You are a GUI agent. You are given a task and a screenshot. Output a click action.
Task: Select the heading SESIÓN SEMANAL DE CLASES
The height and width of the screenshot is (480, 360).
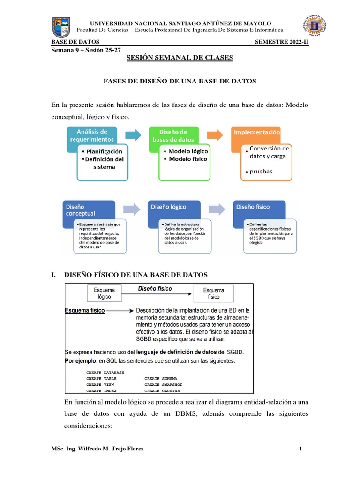180,58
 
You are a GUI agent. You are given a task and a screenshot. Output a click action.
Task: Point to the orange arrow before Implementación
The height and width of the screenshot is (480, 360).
215,135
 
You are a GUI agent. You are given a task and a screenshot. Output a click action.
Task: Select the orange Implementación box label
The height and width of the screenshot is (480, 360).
257,133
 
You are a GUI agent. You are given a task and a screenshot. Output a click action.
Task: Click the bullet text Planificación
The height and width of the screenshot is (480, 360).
105,151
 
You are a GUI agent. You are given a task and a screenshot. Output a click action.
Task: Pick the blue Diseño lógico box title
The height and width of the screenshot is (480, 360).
168,207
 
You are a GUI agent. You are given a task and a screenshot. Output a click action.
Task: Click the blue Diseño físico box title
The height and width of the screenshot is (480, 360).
253,207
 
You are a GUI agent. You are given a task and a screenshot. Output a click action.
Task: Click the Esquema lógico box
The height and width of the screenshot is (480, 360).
104,293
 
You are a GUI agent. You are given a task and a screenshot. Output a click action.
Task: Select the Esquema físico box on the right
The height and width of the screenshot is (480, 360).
214,293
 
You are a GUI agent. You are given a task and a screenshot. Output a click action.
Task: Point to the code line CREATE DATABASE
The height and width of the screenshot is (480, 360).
105,372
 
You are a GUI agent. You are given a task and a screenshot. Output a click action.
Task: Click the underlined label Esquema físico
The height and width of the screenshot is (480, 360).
84,311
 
